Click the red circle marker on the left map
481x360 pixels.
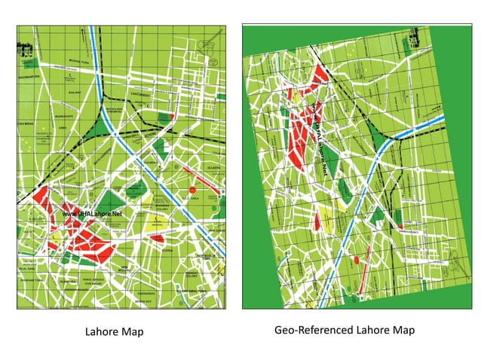[192, 189]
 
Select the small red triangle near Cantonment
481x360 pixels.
[174, 117]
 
